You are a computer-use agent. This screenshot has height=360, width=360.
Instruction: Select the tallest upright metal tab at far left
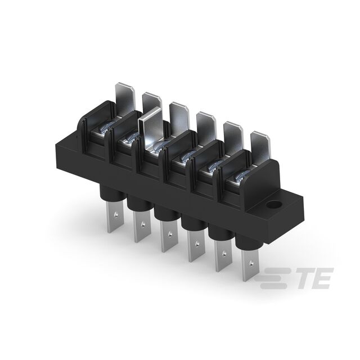coord(125,98)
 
